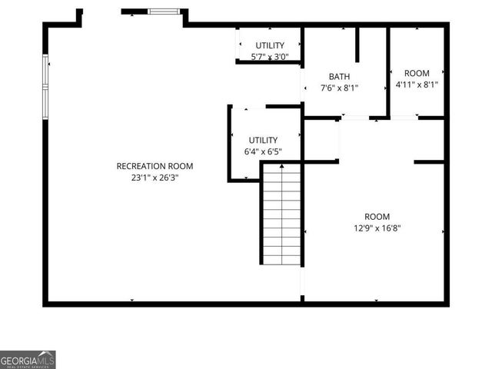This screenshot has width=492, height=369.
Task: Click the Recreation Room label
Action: pyautogui.click(x=155, y=166)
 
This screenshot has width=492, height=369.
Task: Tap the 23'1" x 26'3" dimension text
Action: pyautogui.click(x=155, y=178)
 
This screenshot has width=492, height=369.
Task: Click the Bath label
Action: pyautogui.click(x=339, y=76)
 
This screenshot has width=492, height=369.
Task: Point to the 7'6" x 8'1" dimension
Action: pyautogui.click(x=339, y=88)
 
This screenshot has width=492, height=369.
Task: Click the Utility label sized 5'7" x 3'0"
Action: pyautogui.click(x=270, y=45)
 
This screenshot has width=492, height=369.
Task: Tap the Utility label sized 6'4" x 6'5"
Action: pyautogui.click(x=262, y=140)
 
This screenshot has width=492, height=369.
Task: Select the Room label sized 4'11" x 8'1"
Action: pyautogui.click(x=417, y=73)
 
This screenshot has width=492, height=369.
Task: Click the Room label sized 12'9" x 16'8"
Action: pyautogui.click(x=377, y=217)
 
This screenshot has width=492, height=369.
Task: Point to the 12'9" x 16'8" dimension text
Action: pyautogui.click(x=377, y=228)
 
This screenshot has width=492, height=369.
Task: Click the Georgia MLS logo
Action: pyautogui.click(x=28, y=359)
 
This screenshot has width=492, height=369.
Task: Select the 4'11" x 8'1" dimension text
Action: pyautogui.click(x=417, y=85)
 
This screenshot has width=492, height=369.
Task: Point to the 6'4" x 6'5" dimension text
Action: pyautogui.click(x=262, y=151)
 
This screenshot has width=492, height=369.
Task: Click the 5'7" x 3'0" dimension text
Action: pyautogui.click(x=270, y=57)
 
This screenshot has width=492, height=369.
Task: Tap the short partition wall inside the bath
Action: pyautogui.click(x=357, y=45)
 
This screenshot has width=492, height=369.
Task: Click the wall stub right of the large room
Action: pyautogui.click(x=429, y=162)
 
